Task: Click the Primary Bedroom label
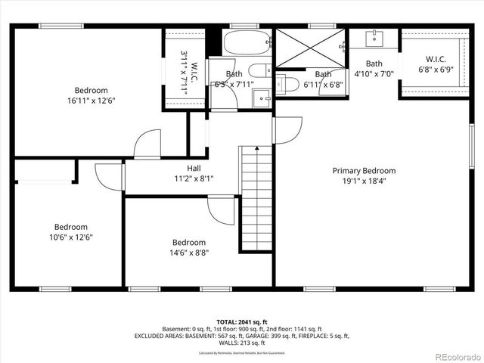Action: pos(364,171)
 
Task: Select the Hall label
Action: pos(194,168)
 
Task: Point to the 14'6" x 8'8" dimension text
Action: pos(189,253)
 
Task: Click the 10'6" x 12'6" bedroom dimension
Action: pos(70,237)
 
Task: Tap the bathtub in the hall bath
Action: pos(247,44)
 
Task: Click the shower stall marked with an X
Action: pos(309,48)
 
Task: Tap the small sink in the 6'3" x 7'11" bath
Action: pos(262,97)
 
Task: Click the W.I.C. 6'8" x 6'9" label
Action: pos(435,64)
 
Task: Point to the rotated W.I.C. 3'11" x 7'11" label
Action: pos(188,72)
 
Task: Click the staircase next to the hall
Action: pos(256,197)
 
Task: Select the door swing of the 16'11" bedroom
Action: pos(147,144)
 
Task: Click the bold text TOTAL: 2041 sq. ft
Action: pos(241,321)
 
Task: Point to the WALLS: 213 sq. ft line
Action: pos(241,343)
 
